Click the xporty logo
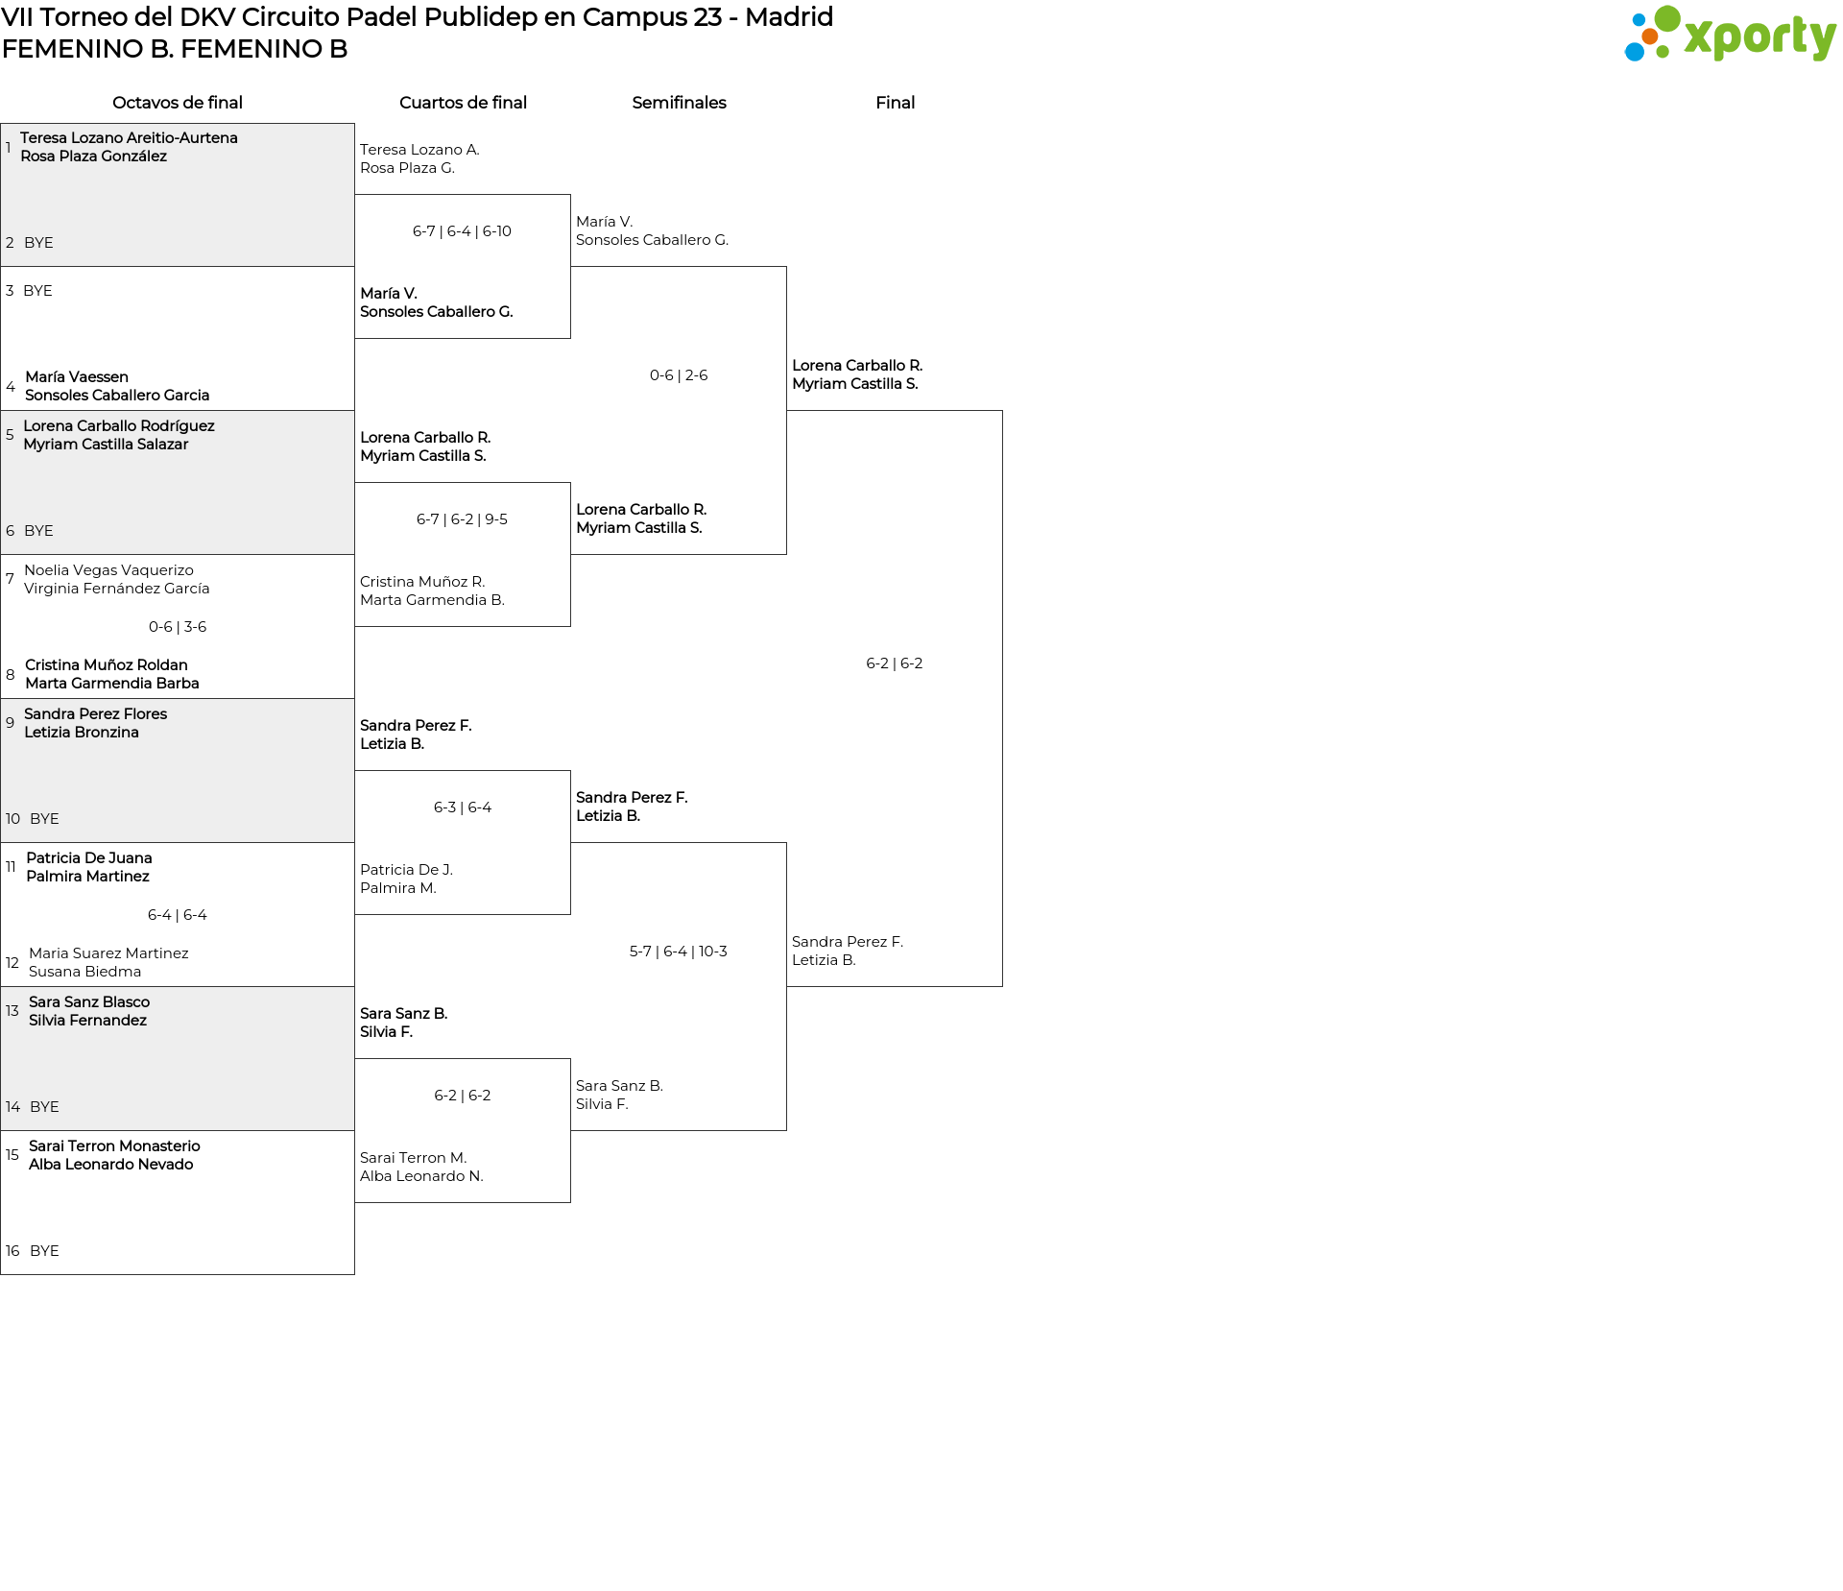point(1730,34)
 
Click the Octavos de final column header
point(178,103)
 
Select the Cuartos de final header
point(463,103)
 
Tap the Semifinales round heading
point(679,103)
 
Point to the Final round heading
point(895,103)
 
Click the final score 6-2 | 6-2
point(895,663)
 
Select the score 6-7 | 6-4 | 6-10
point(463,231)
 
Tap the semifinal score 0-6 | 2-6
point(679,375)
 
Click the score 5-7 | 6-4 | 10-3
point(679,952)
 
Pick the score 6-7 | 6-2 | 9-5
point(463,519)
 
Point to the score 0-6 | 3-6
point(178,627)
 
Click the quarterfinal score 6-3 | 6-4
point(463,808)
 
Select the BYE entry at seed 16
point(44,1251)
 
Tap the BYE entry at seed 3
point(37,291)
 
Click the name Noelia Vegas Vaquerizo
point(108,570)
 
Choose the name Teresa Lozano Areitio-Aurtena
point(129,138)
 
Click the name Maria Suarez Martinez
point(108,953)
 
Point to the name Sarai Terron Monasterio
point(114,1146)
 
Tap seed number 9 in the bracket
point(10,723)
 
